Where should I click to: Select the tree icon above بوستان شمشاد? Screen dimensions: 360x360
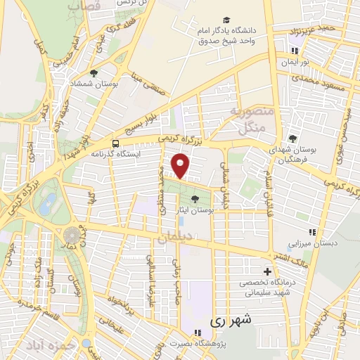click(x=94, y=72)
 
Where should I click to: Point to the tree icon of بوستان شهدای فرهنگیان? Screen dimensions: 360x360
click(x=292, y=138)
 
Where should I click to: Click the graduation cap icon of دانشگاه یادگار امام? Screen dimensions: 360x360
click(x=226, y=20)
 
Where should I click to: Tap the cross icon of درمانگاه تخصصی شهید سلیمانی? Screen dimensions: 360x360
click(x=266, y=272)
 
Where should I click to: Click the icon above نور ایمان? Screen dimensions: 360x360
click(x=294, y=51)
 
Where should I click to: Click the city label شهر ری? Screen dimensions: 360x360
click(x=226, y=320)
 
